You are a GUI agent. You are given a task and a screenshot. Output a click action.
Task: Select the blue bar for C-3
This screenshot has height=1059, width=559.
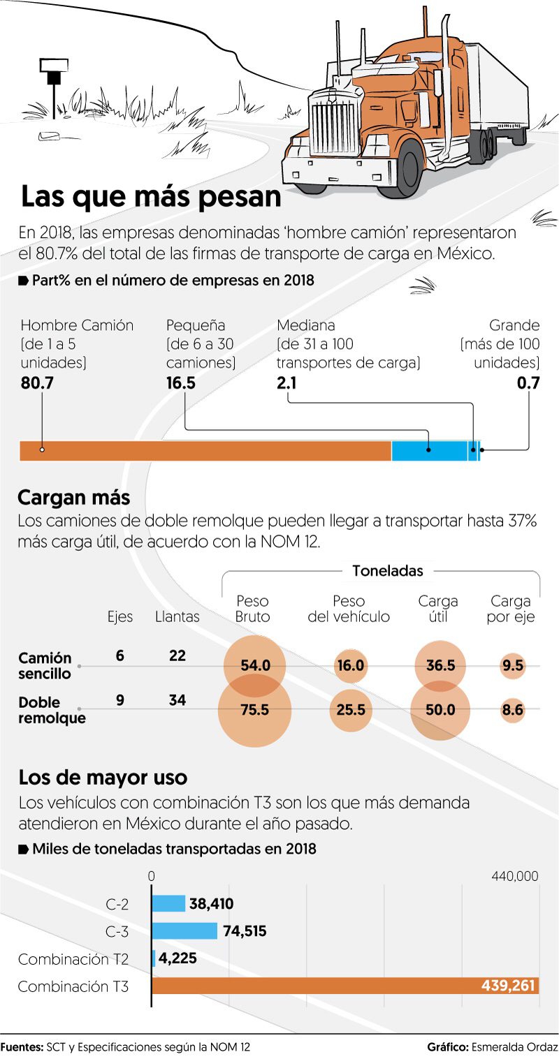184,931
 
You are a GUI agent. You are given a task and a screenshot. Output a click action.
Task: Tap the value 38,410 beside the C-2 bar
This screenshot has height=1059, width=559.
211,904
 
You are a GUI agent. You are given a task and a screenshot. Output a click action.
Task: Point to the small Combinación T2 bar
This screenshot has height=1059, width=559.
154,958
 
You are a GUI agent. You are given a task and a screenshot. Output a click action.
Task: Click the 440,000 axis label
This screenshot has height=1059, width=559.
515,876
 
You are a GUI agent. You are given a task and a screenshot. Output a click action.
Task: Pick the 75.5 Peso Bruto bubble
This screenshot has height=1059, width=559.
255,710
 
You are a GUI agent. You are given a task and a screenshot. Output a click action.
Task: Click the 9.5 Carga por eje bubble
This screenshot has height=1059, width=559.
512,666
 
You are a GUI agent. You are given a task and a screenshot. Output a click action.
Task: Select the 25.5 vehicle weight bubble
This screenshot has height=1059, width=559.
351,710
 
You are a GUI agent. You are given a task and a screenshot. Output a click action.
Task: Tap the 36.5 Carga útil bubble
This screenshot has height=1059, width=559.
441,666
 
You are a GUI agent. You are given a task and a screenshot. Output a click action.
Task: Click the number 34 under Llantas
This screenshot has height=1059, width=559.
177,699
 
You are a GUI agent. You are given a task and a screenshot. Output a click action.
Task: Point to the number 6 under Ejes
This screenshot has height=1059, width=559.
120,656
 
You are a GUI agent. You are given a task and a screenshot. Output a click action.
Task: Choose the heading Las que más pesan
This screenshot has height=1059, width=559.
151,197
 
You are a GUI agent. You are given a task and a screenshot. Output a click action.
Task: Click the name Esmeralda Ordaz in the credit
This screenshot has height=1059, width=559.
514,1047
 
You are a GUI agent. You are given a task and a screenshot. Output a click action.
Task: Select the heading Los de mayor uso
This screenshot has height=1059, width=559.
103,777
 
